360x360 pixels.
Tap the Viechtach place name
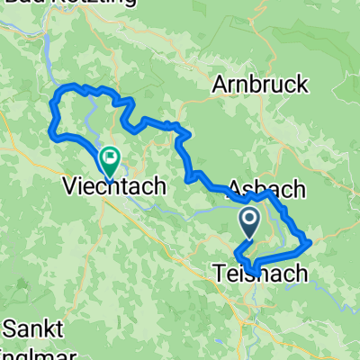pyautogui.click(x=114, y=187)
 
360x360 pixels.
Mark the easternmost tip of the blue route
pyautogui.click(x=310, y=241)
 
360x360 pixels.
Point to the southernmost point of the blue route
pyautogui.click(x=256, y=274)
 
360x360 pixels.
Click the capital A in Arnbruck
pyautogui.click(x=219, y=85)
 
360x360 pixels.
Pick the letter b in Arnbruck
pyautogui.click(x=259, y=85)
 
